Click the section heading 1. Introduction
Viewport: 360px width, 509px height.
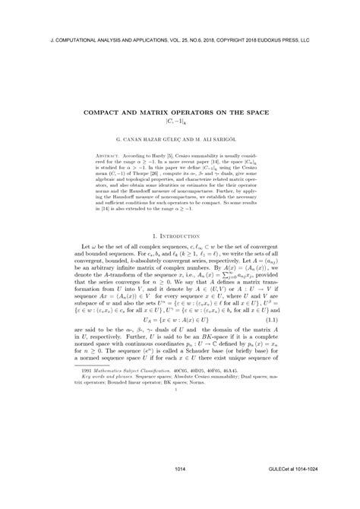tap(180, 238)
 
